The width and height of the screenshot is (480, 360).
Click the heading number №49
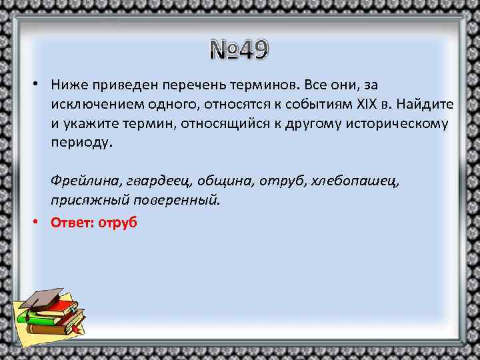tap(239, 49)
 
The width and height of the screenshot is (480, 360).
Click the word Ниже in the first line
tap(69, 85)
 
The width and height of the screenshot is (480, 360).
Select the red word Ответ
tap(71, 223)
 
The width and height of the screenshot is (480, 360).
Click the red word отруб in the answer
tap(117, 223)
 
